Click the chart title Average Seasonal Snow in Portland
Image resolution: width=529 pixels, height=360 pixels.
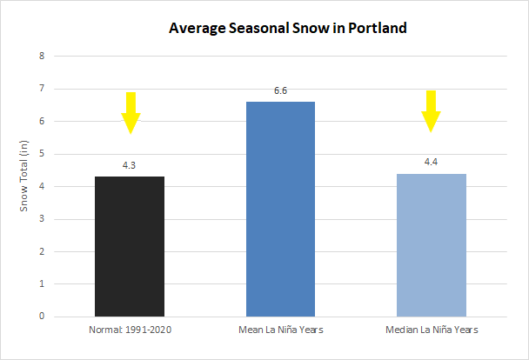(x=287, y=28)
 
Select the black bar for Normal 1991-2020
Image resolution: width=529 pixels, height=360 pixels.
(x=130, y=246)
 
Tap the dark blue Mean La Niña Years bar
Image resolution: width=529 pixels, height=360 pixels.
(x=280, y=209)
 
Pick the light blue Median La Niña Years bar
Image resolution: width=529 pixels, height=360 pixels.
(x=431, y=244)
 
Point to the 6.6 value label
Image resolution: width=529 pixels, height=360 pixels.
(x=280, y=91)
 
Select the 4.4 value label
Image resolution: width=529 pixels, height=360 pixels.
(x=431, y=163)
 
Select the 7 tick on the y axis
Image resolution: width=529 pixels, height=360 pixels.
(x=43, y=89)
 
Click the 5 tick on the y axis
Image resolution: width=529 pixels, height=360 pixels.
(x=43, y=154)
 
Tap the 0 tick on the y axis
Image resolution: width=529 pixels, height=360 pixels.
(x=43, y=317)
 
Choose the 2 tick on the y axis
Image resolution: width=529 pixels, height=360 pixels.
(x=43, y=251)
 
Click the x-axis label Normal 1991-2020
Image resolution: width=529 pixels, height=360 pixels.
(x=130, y=330)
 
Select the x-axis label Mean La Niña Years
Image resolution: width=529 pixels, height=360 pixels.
(x=280, y=330)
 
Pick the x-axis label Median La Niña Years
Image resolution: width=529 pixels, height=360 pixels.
(x=431, y=330)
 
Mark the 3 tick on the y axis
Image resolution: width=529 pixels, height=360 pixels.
(x=43, y=219)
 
